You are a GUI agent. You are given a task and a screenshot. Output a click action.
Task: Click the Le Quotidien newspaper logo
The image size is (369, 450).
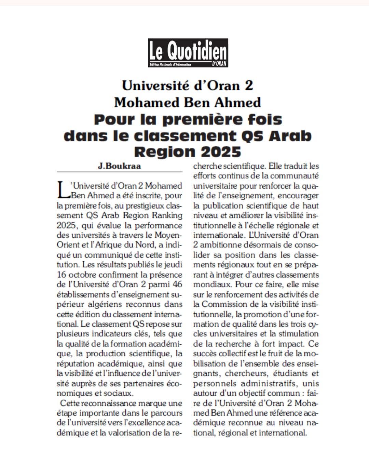tap(188, 52)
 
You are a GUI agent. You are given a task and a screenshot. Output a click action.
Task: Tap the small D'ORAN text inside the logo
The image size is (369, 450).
tap(219, 64)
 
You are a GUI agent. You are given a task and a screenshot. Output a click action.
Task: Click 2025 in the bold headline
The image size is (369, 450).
tap(223, 151)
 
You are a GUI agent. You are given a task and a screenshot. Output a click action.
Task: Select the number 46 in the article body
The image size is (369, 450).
tap(178, 284)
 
